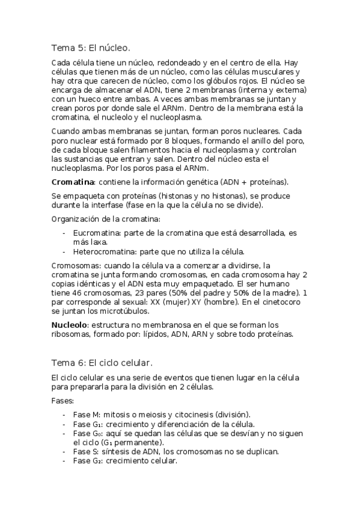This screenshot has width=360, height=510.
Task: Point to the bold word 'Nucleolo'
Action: [69, 325]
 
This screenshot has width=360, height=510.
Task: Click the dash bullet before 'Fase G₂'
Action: [64, 461]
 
